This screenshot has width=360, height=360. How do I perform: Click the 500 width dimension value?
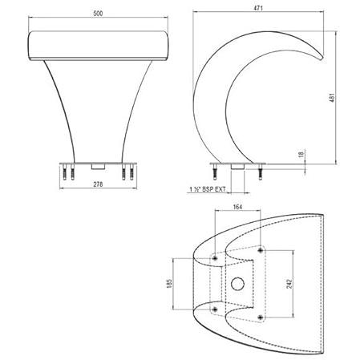tap(98, 14)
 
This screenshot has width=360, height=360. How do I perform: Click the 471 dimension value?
tap(258, 8)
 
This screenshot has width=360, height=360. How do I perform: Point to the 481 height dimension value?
tap(332, 98)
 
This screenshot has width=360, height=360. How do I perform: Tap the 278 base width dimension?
tap(98, 184)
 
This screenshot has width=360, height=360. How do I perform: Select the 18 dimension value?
tap(301, 154)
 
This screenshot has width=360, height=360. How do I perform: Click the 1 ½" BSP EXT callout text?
tap(208, 189)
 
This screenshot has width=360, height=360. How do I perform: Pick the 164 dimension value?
tap(237, 207)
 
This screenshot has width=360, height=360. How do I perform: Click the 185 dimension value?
tap(169, 283)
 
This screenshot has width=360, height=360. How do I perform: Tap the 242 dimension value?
tap(289, 284)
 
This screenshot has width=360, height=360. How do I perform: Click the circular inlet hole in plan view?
tap(237, 284)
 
